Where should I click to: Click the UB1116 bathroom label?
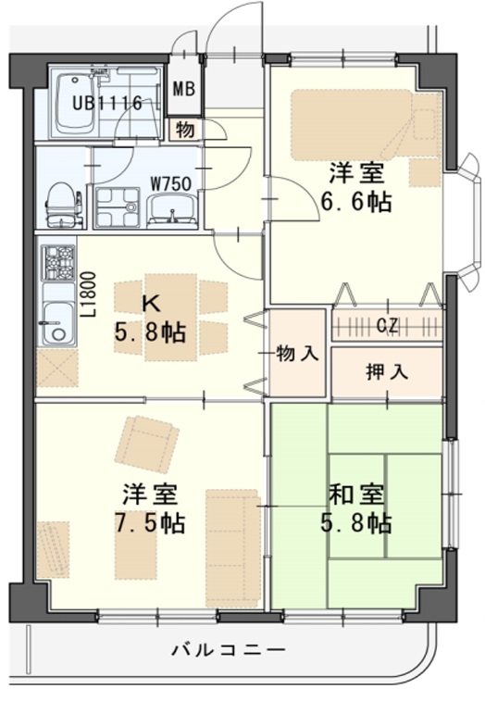(108, 104)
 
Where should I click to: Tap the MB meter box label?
(184, 92)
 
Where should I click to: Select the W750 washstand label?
(170, 182)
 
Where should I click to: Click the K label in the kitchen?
(150, 301)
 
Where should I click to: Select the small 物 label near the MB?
(184, 129)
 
